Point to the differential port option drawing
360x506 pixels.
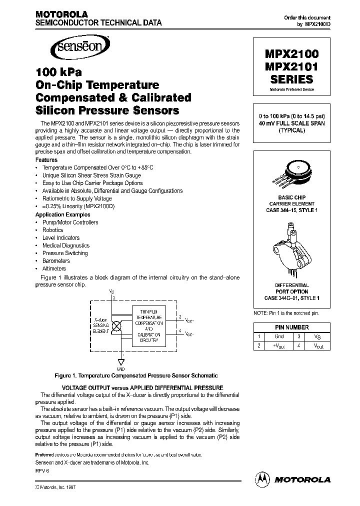tap(290, 250)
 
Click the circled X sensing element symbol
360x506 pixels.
tap(117, 325)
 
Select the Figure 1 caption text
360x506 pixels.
tap(135, 375)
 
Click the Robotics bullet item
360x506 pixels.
tap(53, 230)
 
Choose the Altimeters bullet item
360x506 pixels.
tap(54, 268)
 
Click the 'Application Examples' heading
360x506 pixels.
tap(62, 214)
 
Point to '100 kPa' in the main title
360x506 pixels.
tap(58, 72)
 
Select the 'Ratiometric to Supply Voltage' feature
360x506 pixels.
tap(77, 198)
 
